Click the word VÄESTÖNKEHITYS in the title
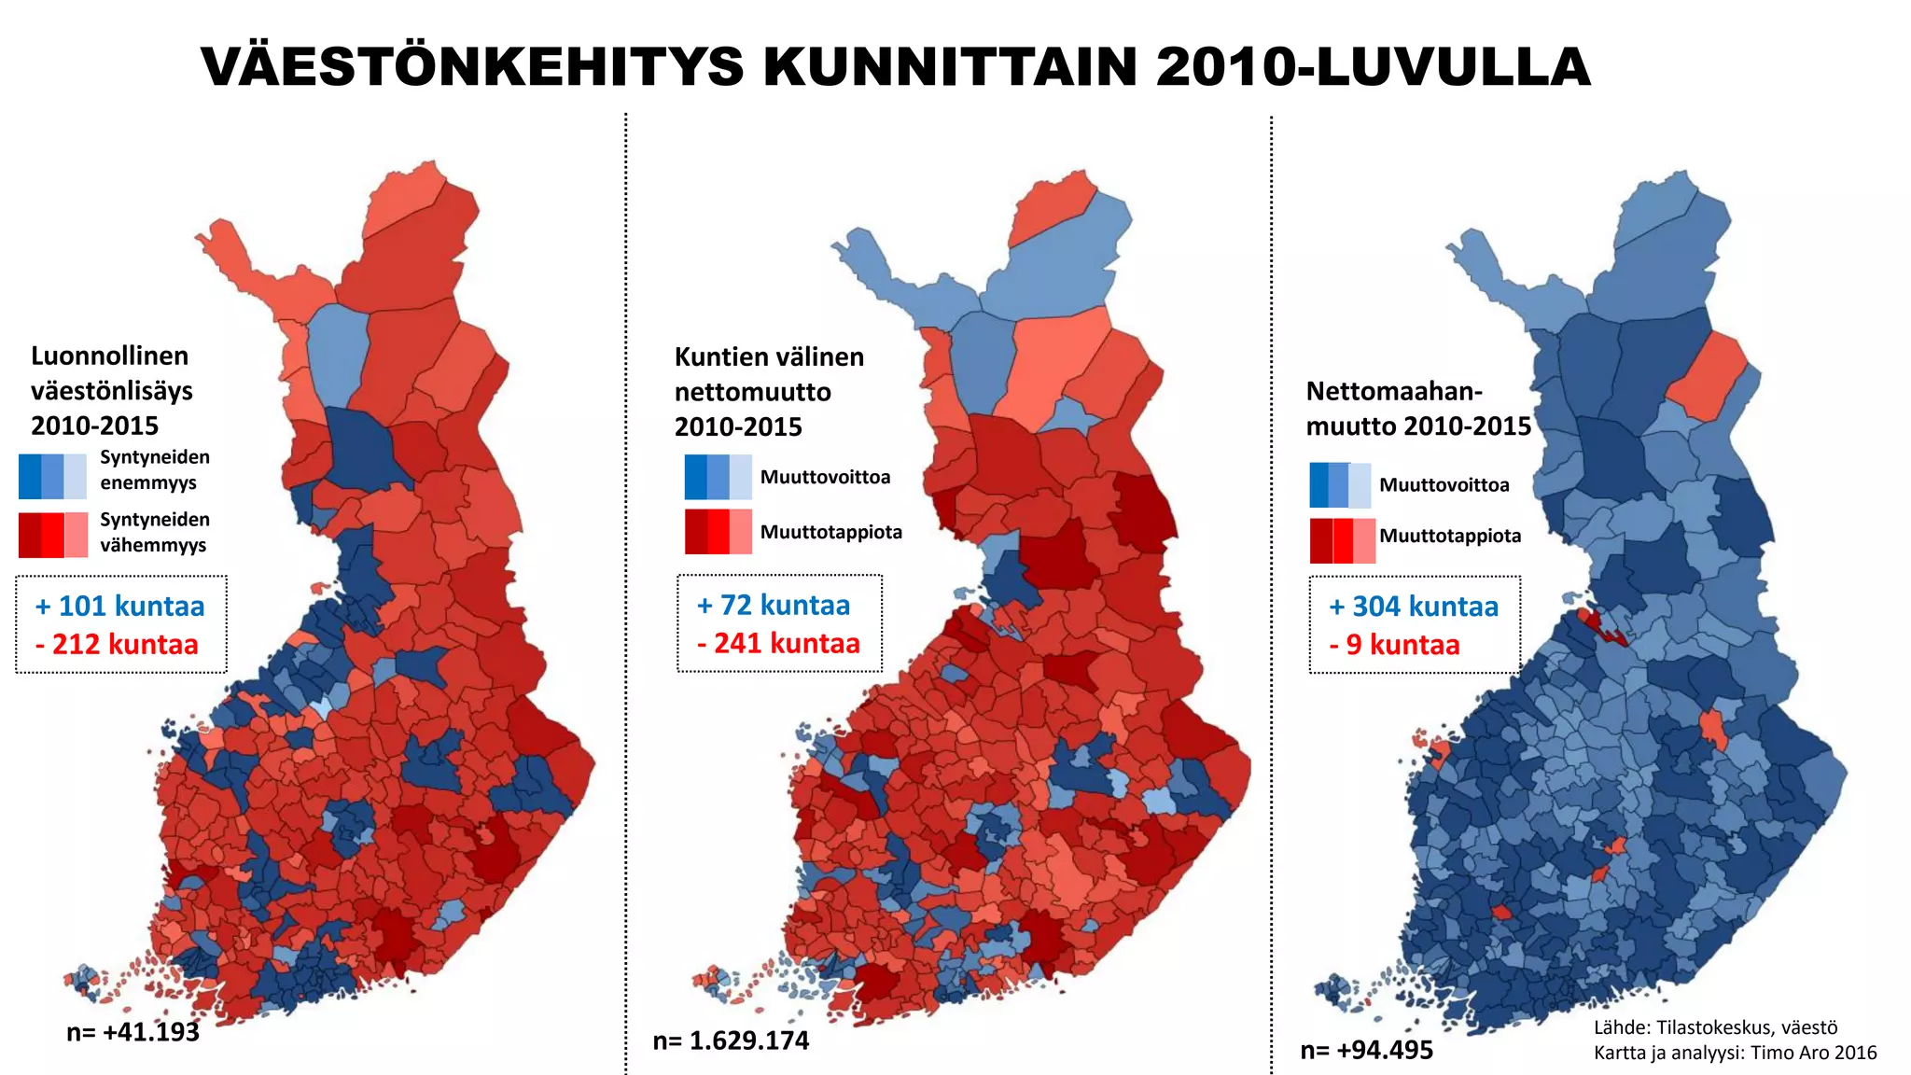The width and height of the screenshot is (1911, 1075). (472, 67)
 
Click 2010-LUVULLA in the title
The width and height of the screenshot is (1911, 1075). (1372, 67)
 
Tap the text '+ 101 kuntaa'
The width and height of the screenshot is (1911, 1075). (119, 607)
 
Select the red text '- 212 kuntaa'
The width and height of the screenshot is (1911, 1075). (117, 645)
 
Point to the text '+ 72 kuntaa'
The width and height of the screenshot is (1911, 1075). (774, 606)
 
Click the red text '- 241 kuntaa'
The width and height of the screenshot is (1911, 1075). (778, 644)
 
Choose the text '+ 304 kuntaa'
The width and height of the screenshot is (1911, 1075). (1414, 607)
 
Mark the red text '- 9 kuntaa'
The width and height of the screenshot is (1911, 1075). (1394, 646)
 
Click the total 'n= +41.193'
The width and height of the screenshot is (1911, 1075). (133, 1032)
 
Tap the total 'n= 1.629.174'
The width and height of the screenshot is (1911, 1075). (731, 1041)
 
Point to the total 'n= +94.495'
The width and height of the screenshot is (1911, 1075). (1366, 1051)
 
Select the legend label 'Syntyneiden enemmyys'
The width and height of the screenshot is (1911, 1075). (155, 470)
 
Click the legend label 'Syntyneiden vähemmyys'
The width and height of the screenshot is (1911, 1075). (155, 532)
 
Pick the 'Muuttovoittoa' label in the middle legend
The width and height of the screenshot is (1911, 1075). (825, 478)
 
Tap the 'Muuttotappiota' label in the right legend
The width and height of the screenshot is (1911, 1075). (1450, 537)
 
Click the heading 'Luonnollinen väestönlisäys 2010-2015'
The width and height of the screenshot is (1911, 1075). (111, 391)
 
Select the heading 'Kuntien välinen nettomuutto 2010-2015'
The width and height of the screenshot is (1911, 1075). (769, 392)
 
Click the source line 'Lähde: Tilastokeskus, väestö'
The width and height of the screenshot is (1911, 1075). (1715, 1028)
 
